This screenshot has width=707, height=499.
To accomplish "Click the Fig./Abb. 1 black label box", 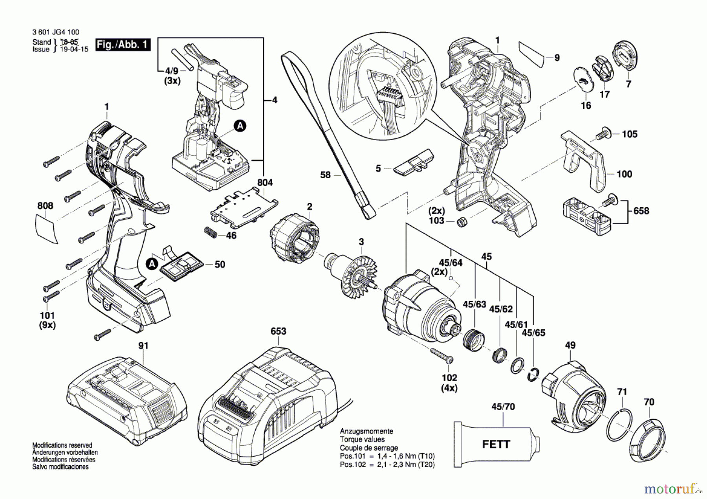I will click(123, 44).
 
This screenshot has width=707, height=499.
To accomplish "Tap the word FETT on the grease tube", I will click(496, 444).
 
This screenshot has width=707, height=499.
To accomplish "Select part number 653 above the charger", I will click(278, 331).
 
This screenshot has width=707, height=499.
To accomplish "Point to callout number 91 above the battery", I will click(143, 345).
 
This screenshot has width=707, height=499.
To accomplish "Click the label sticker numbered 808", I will click(46, 229).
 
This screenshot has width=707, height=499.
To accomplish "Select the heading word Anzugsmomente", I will click(366, 431).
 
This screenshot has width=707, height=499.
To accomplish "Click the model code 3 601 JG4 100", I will click(55, 32).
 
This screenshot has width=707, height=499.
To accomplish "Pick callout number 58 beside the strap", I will click(325, 175).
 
